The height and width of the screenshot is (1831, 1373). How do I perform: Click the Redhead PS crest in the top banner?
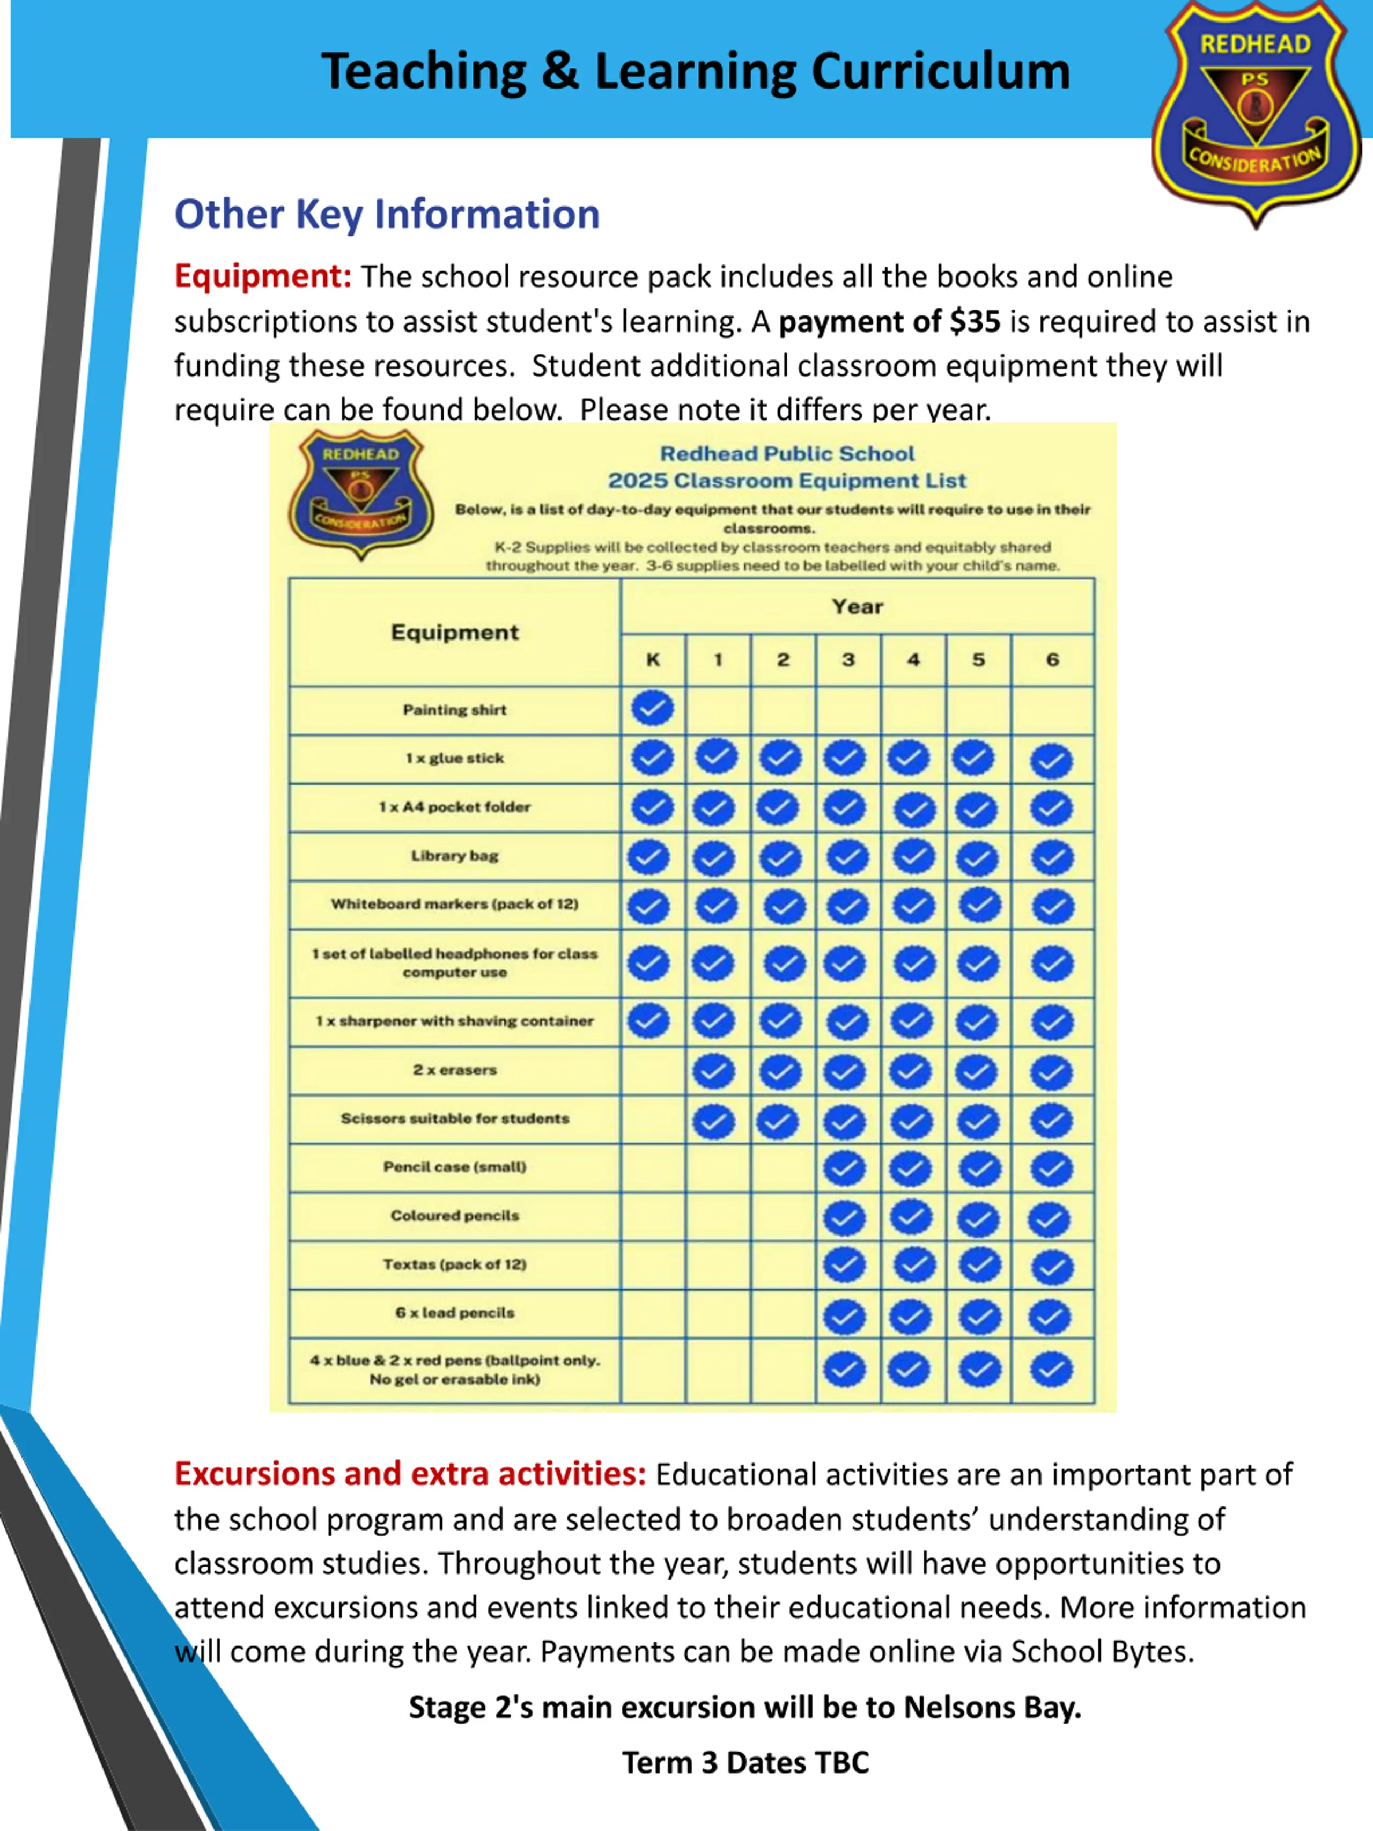click(x=1256, y=112)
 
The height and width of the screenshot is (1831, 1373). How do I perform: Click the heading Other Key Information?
click(x=387, y=215)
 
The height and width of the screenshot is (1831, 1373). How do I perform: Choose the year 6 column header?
click(x=1052, y=660)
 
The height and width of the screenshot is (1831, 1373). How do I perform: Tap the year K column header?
click(x=652, y=660)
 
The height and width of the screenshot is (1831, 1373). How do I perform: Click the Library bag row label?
click(x=454, y=856)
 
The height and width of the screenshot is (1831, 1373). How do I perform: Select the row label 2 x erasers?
click(x=454, y=1069)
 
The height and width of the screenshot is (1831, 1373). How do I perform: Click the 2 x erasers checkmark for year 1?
click(x=713, y=1072)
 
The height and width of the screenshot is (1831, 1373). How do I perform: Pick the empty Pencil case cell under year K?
click(x=652, y=1167)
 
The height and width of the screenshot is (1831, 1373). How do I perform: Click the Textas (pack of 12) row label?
click(x=454, y=1264)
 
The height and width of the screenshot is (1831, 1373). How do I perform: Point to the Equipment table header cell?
click(x=454, y=633)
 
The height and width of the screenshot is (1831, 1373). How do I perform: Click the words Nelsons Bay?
click(x=992, y=1708)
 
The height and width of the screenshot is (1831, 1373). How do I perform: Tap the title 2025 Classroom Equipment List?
click(x=786, y=481)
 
